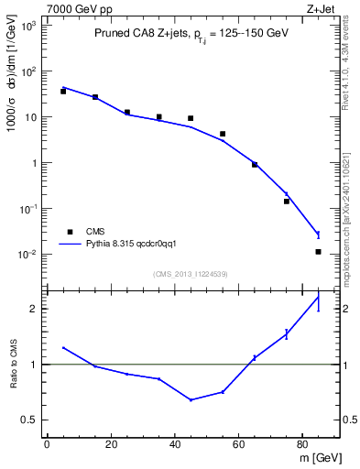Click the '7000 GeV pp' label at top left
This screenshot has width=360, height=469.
point(76,7)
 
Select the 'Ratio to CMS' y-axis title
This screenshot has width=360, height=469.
point(14,365)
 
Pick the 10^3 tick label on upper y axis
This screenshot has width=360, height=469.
point(27,26)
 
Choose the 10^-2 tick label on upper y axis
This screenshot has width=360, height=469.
point(27,255)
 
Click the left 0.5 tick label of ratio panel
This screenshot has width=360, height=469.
point(31,420)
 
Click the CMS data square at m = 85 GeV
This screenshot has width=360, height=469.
point(318,252)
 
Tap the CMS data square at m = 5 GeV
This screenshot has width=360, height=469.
point(63,92)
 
